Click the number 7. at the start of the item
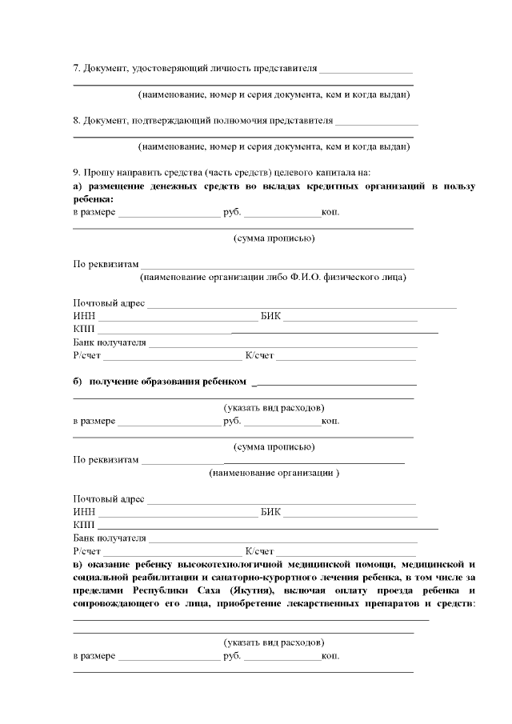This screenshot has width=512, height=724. coord(77,69)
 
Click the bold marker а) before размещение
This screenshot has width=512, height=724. coord(78,186)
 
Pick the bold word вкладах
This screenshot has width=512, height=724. coord(264,186)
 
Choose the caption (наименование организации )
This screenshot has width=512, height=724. coord(274,473)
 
